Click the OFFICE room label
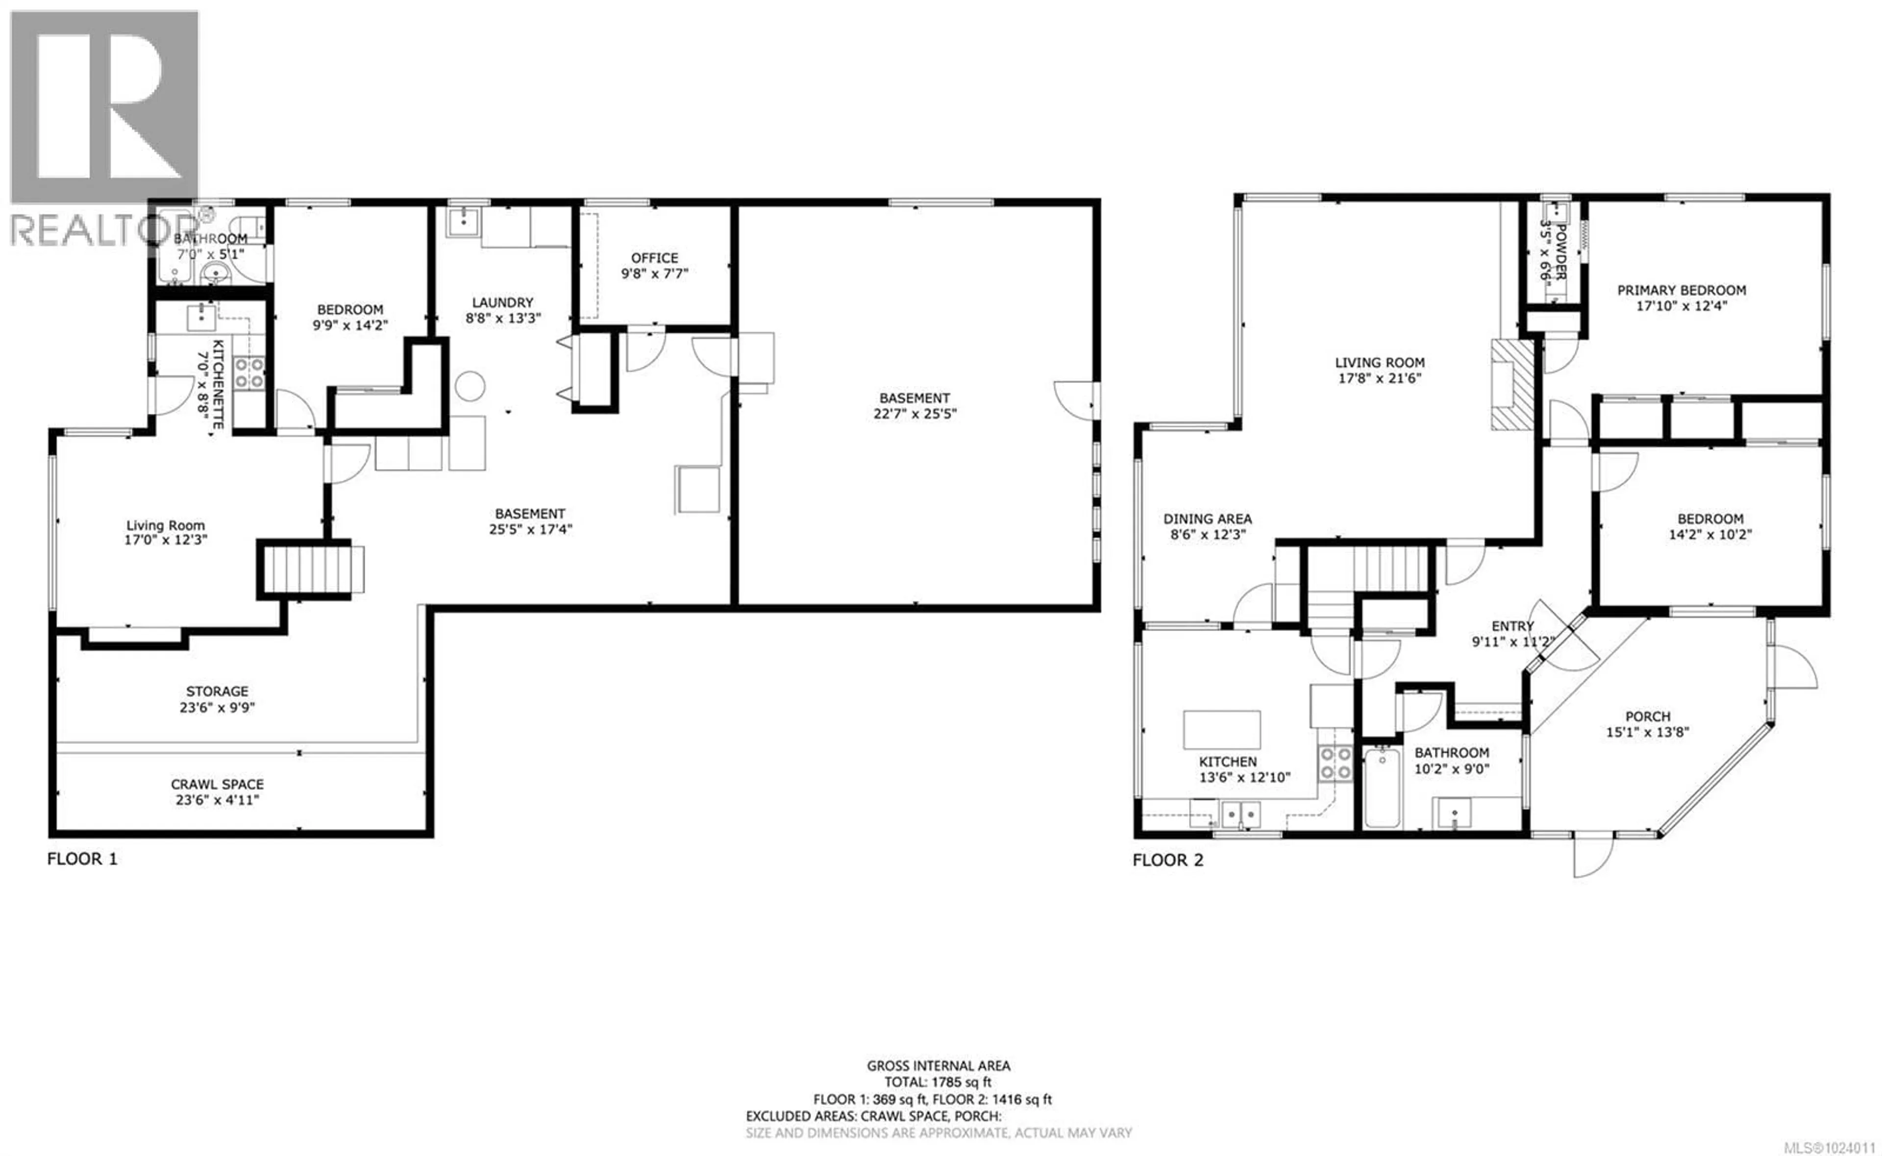pyautogui.click(x=654, y=258)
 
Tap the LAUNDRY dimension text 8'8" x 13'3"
pyautogui.click(x=502, y=318)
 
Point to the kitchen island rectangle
pyautogui.click(x=1221, y=729)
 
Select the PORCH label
pyautogui.click(x=1647, y=716)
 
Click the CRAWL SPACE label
pyautogui.click(x=217, y=784)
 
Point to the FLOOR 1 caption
pyautogui.click(x=82, y=859)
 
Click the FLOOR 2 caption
pyautogui.click(x=1167, y=860)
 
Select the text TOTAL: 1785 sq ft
pyautogui.click(x=938, y=1082)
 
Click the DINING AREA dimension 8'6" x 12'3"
pyautogui.click(x=1207, y=535)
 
